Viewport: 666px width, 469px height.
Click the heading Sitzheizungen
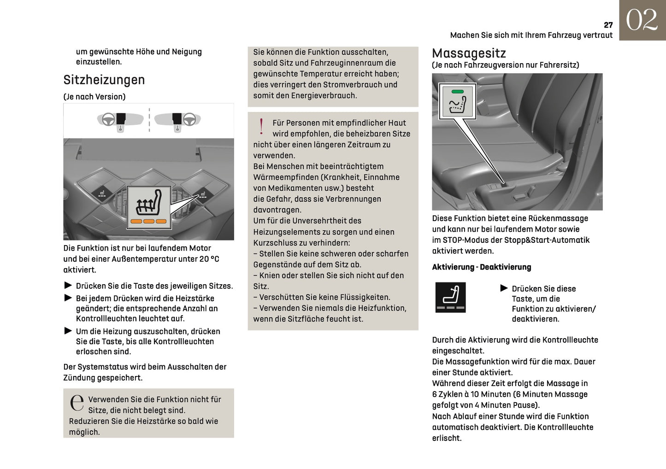(x=104, y=80)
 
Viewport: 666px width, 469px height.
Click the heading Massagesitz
(x=469, y=53)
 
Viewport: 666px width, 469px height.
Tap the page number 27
(x=608, y=25)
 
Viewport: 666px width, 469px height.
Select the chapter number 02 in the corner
(x=642, y=20)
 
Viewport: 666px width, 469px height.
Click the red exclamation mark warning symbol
(x=261, y=126)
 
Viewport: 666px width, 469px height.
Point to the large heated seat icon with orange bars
(x=148, y=207)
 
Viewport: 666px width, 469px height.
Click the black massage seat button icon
(x=450, y=297)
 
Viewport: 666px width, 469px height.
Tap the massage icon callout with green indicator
(x=457, y=101)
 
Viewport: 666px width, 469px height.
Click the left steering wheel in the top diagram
(x=108, y=120)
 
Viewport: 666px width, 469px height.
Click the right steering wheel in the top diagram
(x=189, y=120)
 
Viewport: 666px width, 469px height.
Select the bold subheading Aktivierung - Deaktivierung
(x=481, y=267)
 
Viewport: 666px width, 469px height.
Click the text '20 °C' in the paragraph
(x=209, y=259)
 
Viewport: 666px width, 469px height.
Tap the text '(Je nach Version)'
(x=94, y=97)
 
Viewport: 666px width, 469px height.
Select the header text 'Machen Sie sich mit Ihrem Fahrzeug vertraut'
(x=531, y=35)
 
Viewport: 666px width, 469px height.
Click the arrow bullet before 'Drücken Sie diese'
(x=504, y=288)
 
